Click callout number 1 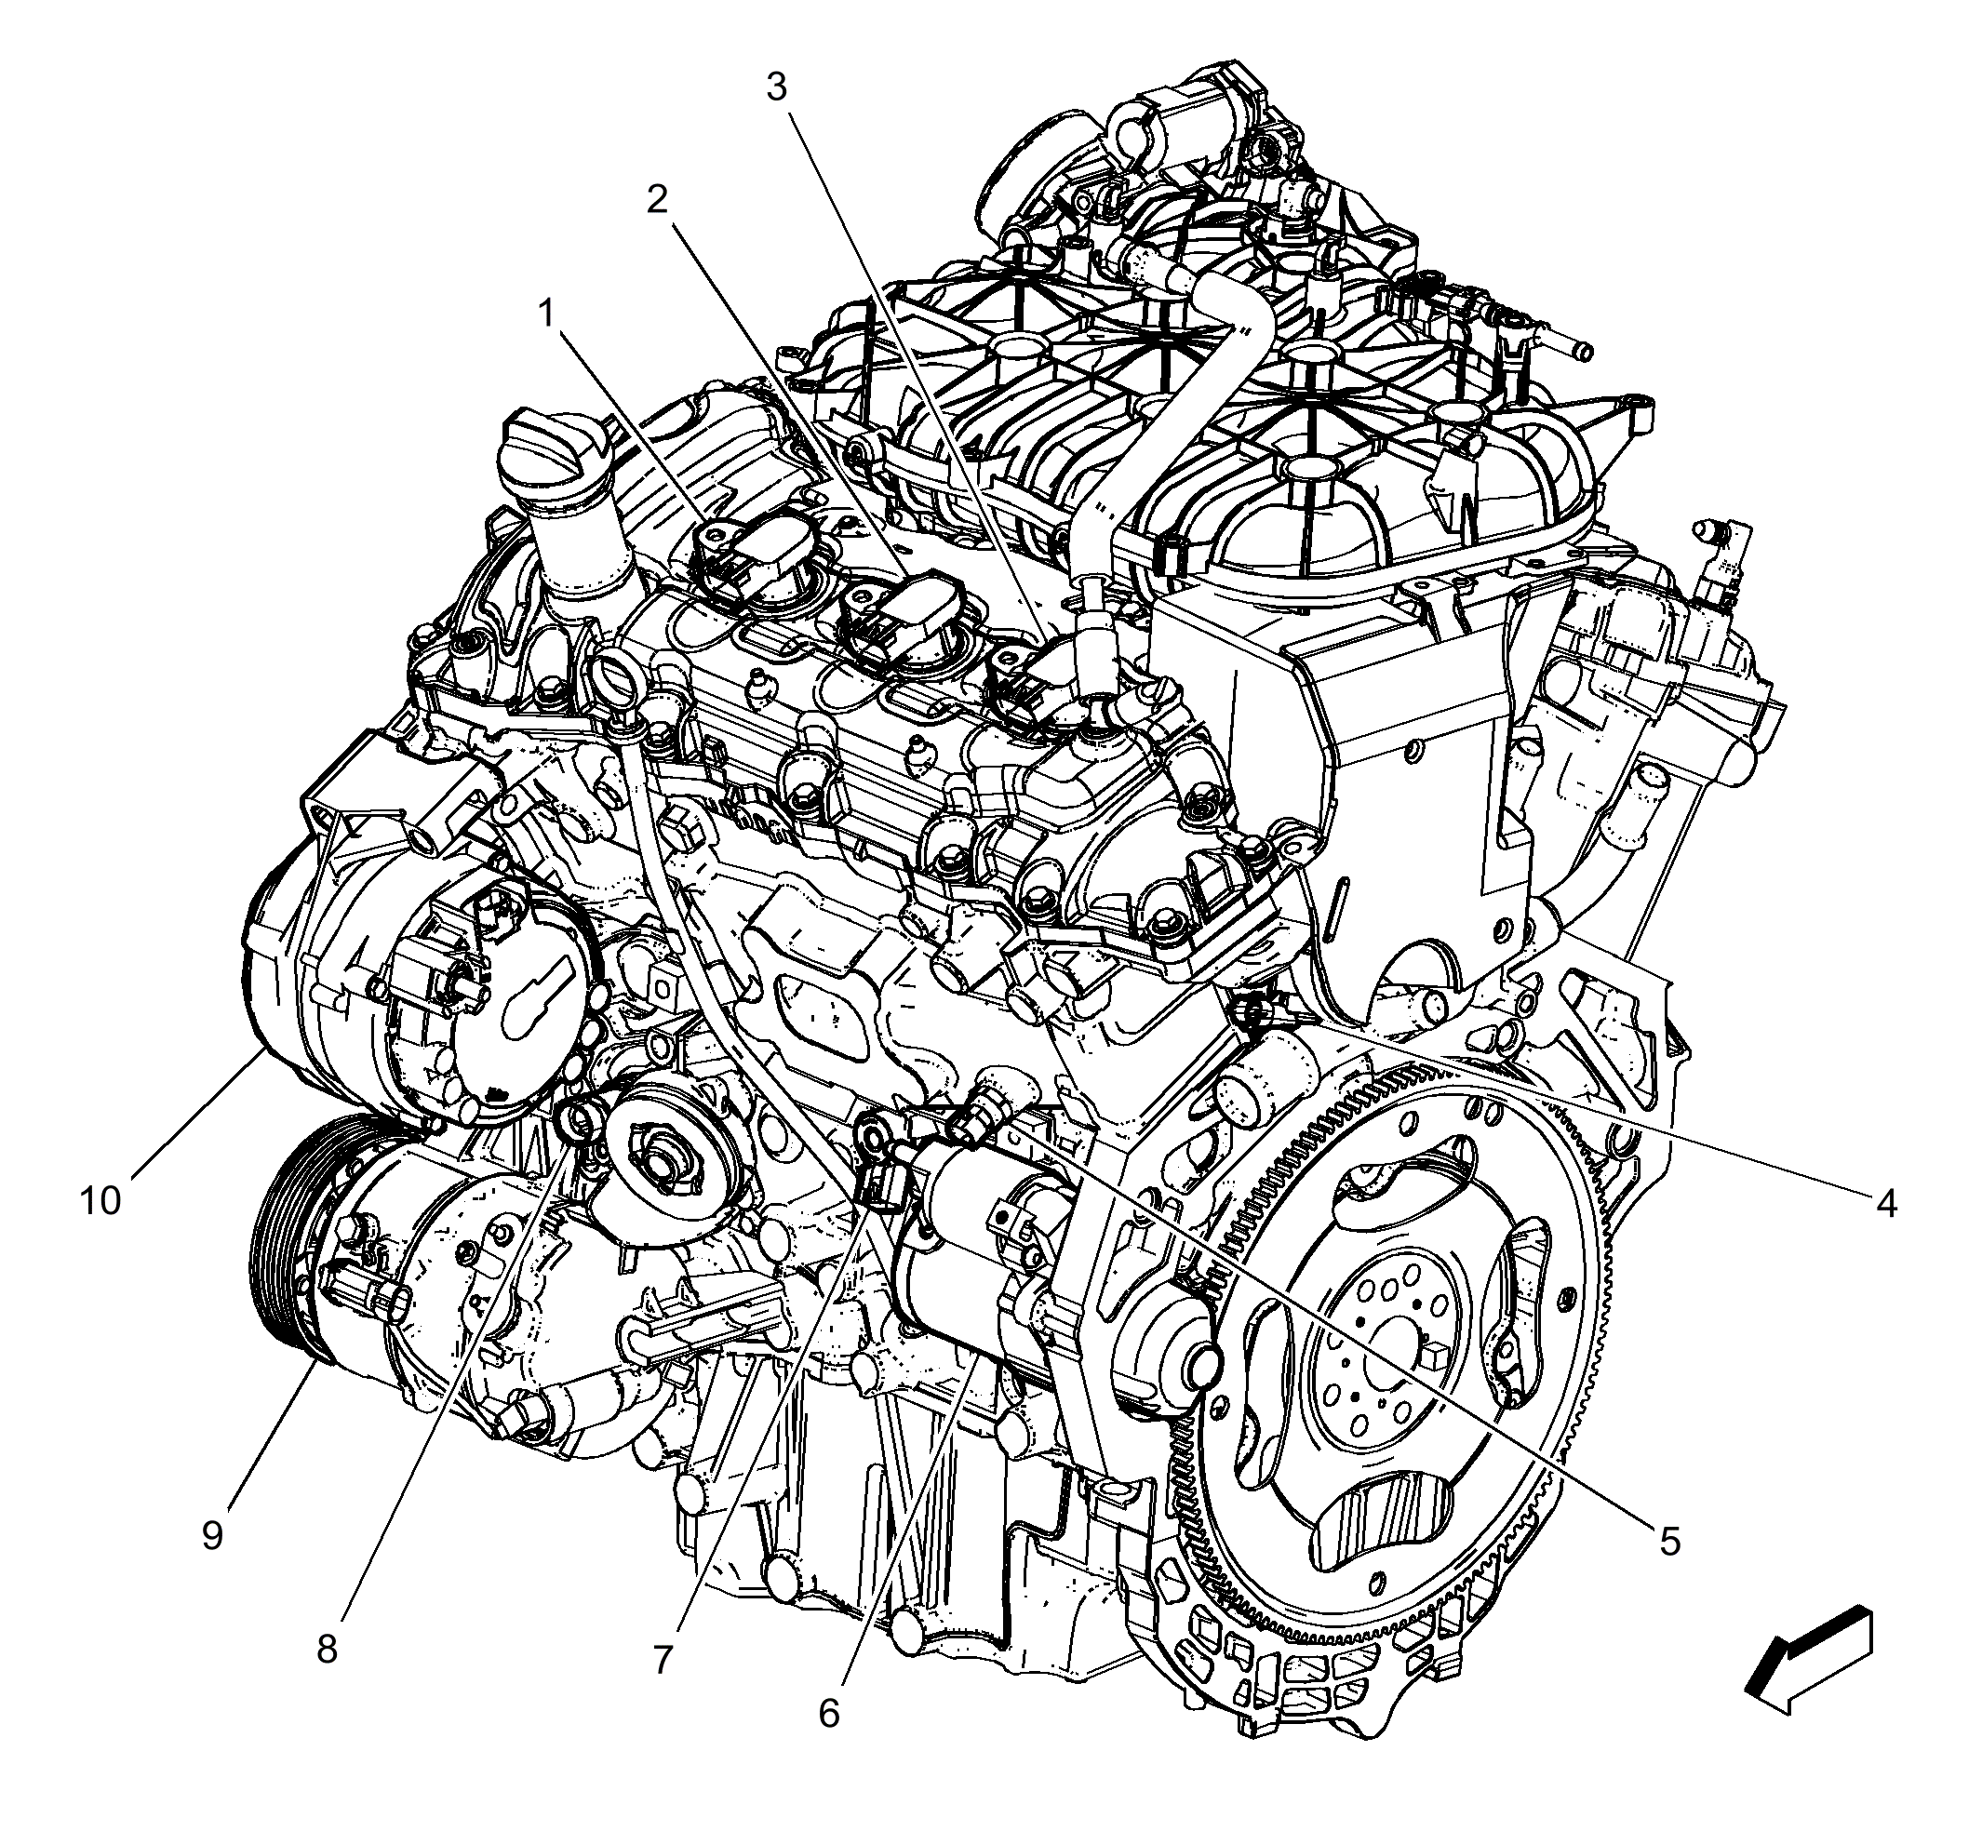click(x=545, y=315)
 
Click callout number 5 click(x=1670, y=1542)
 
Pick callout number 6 click(x=828, y=1712)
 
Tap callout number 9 click(x=212, y=1535)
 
